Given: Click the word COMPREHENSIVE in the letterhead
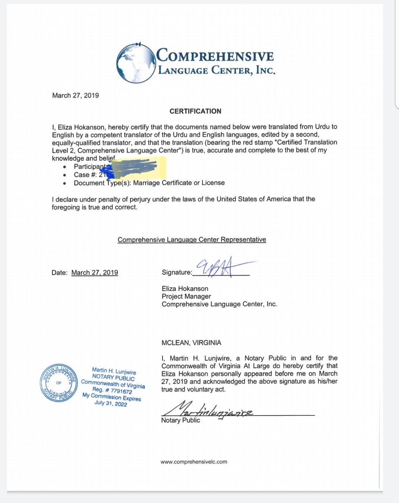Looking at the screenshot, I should click(215, 56).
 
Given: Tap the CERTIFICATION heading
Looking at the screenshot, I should click(195, 111).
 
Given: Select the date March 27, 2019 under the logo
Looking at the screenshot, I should click(76, 96).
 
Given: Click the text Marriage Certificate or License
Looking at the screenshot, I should click(179, 183).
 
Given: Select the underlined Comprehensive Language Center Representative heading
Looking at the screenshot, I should click(192, 240).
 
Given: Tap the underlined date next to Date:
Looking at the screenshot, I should click(94, 272).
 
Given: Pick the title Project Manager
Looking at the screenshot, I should click(186, 296).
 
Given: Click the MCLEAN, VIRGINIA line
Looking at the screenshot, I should click(191, 343).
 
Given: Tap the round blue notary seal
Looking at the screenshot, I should click(59, 383).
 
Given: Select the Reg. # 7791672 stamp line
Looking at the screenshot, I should click(112, 390).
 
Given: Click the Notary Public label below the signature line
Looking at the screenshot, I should click(180, 420).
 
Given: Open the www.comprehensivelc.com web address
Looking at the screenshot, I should click(194, 462).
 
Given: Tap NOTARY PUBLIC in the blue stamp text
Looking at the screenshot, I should click(113, 378).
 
